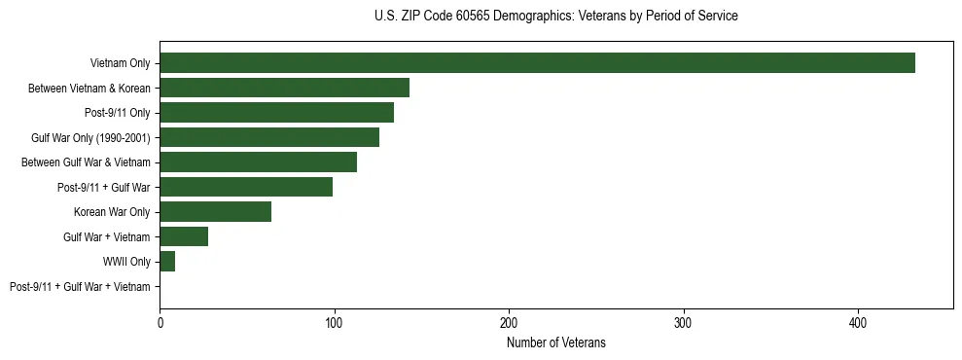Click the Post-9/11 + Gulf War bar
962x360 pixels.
click(246, 187)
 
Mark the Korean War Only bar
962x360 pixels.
click(215, 212)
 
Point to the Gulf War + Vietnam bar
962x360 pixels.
click(184, 236)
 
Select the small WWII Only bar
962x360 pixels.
click(167, 262)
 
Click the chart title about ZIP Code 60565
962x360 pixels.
click(555, 16)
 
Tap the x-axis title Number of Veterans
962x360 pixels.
click(555, 342)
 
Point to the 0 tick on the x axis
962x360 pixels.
click(160, 322)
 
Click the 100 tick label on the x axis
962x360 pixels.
click(335, 322)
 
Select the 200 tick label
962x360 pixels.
click(509, 322)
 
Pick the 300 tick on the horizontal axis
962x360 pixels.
click(684, 322)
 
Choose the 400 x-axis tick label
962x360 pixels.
click(858, 322)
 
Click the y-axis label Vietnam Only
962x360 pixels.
click(120, 63)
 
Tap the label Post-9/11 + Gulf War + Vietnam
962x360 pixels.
click(80, 287)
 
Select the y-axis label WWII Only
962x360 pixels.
click(126, 262)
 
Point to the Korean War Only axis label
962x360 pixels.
click(112, 212)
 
